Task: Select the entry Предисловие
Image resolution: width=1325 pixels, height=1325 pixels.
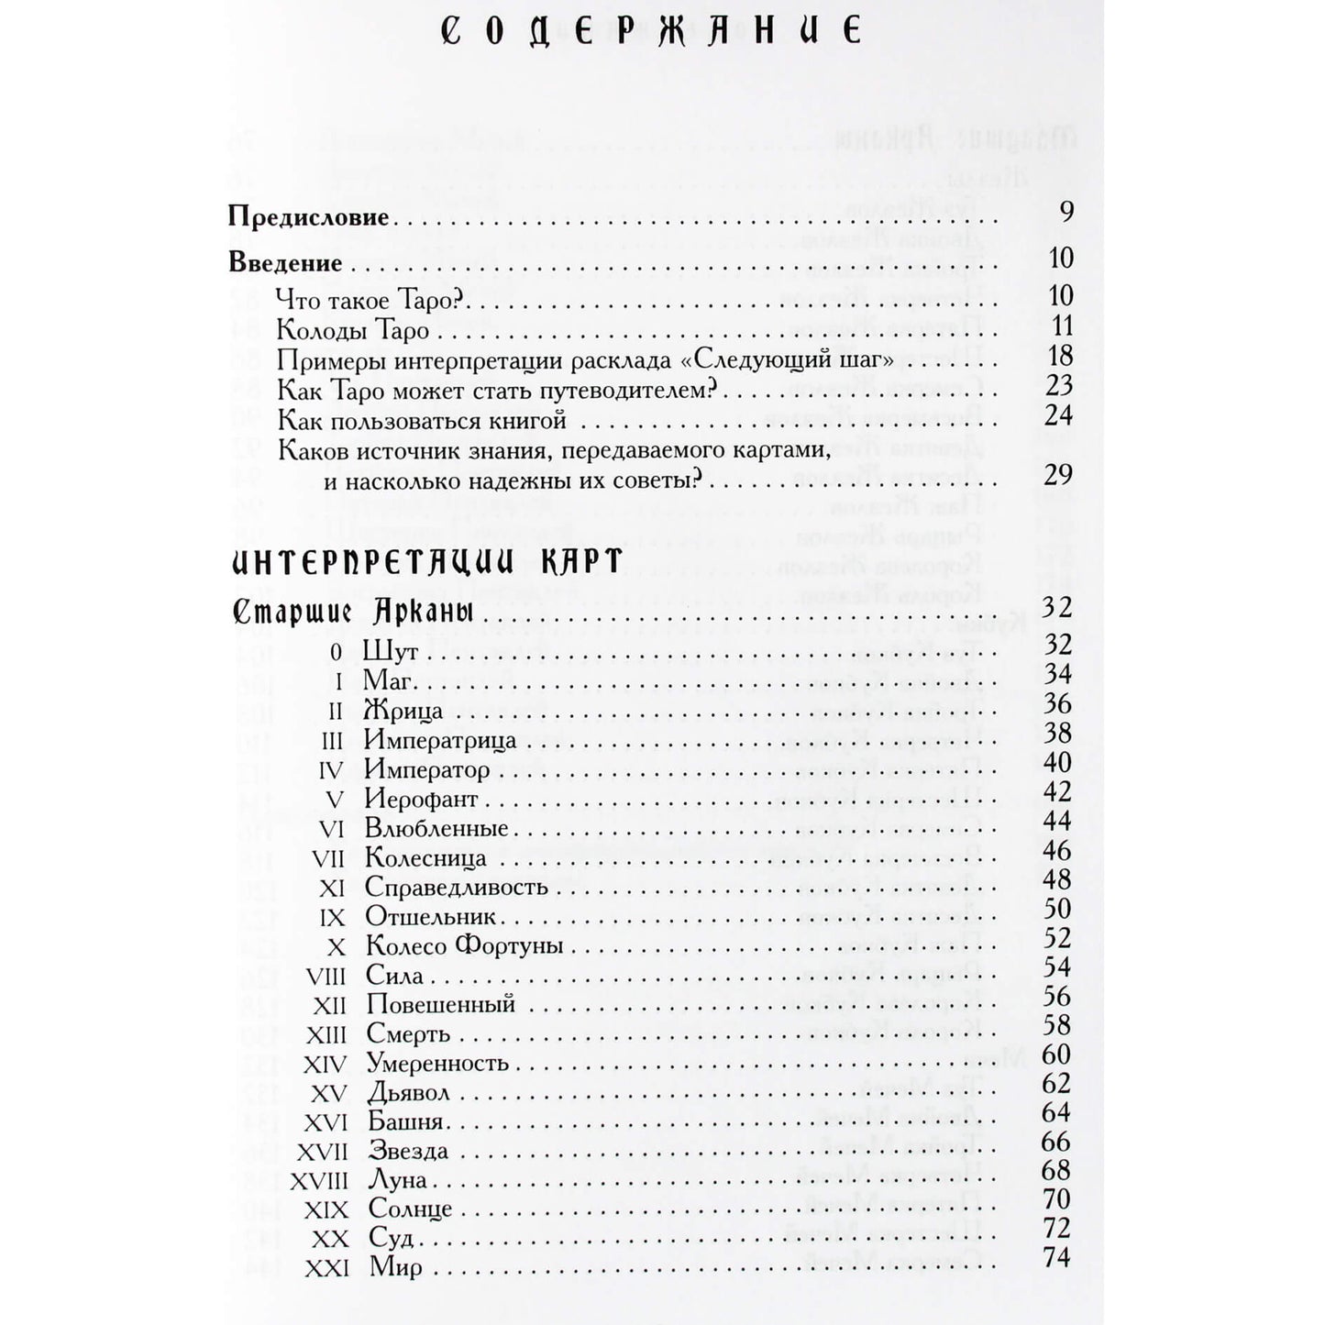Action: (x=308, y=220)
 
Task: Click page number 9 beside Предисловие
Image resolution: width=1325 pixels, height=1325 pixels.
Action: (x=1066, y=213)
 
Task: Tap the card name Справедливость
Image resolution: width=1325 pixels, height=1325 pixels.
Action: (x=456, y=888)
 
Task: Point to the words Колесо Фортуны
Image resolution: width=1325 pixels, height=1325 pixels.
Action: (x=463, y=946)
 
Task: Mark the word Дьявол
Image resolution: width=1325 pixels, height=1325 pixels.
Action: (x=408, y=1094)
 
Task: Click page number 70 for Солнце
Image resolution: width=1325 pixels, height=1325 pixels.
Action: (x=1057, y=1199)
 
